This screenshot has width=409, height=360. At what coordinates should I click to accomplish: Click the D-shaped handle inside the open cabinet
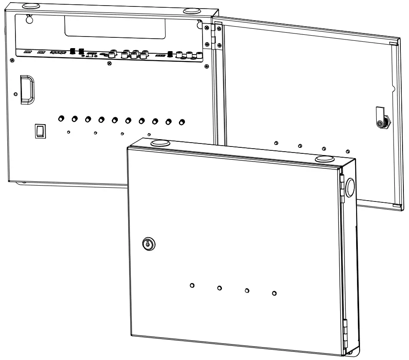coord(27,89)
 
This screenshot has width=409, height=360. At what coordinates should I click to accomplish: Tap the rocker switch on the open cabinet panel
coord(40,131)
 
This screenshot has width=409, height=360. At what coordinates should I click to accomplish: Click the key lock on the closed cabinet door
coord(148,244)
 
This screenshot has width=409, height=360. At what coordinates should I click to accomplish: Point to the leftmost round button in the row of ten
coord(61,118)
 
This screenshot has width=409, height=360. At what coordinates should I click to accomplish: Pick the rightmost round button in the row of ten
coord(182,122)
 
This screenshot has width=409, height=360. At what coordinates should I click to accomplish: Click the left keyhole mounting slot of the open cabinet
coord(29,19)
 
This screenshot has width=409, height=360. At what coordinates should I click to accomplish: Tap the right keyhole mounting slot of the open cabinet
coord(199,24)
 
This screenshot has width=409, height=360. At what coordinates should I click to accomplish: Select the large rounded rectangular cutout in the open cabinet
coord(114,27)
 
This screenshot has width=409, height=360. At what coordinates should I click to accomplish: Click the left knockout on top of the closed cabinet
coord(160,143)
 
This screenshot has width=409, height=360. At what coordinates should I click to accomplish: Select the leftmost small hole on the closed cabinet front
coord(192,285)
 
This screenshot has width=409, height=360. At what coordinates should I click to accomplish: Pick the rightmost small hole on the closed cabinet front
coord(274,293)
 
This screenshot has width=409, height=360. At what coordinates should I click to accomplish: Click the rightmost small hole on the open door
coord(347,151)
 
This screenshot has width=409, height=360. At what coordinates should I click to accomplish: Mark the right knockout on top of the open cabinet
coord(191,10)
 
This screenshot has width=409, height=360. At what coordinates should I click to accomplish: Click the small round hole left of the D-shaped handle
coord(16,94)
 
